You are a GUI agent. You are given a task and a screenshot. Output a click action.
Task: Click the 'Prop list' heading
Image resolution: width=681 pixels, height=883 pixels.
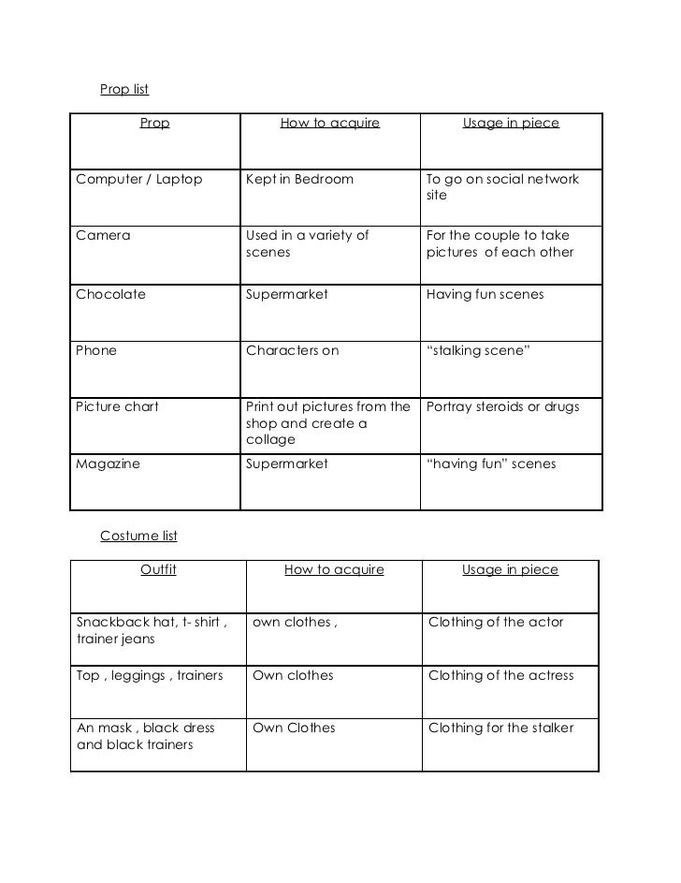click(124, 90)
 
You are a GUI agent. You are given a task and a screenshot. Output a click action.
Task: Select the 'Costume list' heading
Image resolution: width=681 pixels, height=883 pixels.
click(138, 537)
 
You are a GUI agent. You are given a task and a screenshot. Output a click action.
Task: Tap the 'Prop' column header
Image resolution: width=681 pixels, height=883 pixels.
click(154, 123)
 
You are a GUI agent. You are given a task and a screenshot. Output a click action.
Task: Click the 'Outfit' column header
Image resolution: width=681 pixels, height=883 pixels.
click(158, 569)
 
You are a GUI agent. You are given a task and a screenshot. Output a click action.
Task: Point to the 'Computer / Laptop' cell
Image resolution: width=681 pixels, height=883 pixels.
click(138, 179)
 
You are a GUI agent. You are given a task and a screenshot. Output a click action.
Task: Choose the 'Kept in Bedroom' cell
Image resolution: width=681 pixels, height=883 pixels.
click(299, 179)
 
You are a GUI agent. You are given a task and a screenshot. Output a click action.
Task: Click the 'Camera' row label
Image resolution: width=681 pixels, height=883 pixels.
click(103, 235)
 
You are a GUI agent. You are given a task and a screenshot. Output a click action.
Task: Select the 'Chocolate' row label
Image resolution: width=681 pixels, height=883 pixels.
click(110, 294)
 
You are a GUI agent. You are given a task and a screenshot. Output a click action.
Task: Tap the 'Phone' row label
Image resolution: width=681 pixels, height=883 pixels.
click(96, 350)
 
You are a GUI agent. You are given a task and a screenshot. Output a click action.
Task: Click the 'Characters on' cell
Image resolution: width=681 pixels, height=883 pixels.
click(292, 350)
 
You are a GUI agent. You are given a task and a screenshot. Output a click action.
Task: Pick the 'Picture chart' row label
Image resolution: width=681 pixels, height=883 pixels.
click(117, 406)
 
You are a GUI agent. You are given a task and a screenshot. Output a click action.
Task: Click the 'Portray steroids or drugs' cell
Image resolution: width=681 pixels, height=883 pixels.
click(502, 406)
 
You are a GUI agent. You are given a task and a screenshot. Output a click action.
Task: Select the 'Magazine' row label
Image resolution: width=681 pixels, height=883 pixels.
click(108, 464)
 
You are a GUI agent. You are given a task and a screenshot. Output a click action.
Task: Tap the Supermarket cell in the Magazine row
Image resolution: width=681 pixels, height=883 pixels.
click(286, 464)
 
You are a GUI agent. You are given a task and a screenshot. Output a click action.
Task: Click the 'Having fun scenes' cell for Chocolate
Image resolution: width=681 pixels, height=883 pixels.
click(485, 294)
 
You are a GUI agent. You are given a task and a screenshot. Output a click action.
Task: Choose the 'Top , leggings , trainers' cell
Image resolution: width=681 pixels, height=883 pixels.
click(150, 675)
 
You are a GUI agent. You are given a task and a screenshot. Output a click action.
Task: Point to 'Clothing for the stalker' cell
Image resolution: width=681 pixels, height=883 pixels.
click(500, 728)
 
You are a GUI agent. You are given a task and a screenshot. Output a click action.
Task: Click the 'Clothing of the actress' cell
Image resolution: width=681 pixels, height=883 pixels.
click(500, 675)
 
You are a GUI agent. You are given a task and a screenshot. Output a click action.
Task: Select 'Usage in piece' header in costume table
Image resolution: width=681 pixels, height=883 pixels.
click(510, 569)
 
